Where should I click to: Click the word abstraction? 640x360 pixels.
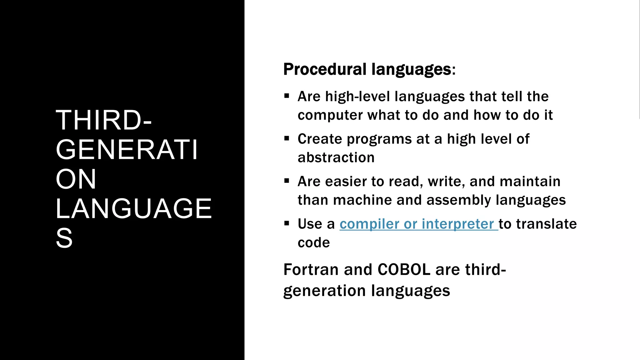click(336, 157)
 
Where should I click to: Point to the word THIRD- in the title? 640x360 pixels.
click(103, 120)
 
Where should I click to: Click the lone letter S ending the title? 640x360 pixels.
click(64, 238)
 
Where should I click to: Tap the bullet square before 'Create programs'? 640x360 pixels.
click(287, 138)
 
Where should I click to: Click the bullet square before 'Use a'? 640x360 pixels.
click(287, 223)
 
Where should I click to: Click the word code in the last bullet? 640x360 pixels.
click(313, 243)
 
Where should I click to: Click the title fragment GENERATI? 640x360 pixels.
click(127, 150)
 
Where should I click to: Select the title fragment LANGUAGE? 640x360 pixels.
click(133, 208)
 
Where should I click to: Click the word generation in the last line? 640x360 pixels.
click(324, 291)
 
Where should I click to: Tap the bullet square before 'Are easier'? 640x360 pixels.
click(287, 181)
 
